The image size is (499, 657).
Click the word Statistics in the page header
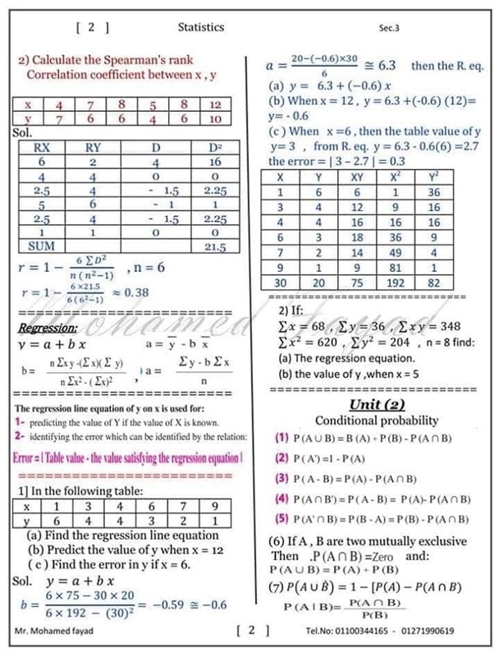(x=201, y=27)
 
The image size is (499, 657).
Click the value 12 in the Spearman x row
(x=215, y=105)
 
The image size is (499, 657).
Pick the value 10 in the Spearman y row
(x=215, y=120)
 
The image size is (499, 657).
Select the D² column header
(x=215, y=149)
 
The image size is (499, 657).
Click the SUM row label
(x=34, y=246)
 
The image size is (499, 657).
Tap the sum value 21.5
(x=215, y=246)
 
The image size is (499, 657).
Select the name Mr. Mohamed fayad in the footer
(x=54, y=631)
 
